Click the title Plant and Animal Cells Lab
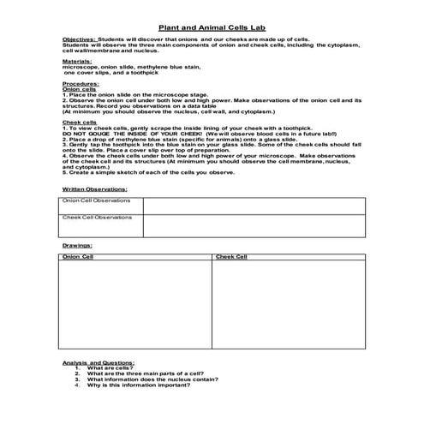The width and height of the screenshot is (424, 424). coord(211,28)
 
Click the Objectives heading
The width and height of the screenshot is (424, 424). coord(80,40)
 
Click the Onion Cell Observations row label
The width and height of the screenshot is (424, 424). coord(96,200)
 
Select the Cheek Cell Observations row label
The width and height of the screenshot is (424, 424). coord(96,217)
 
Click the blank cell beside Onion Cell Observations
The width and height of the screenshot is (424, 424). coord(254,205)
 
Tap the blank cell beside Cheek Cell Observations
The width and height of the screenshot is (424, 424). coord(254,224)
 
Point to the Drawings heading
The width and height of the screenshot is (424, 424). coord(75,245)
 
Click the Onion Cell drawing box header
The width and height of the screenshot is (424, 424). coord(80,256)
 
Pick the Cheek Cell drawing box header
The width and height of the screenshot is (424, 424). coord(231,256)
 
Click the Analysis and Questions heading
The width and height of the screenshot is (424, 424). coord(99,363)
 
